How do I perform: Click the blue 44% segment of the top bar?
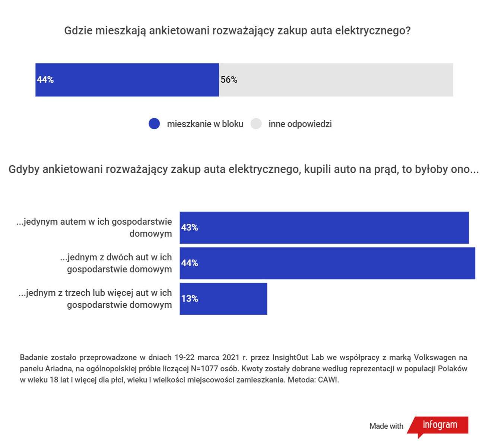tap(127, 80)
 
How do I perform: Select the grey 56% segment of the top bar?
tap(335, 80)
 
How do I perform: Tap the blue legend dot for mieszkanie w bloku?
tap(154, 124)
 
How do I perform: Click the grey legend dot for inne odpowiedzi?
tap(256, 124)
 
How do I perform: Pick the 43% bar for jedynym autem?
tap(324, 228)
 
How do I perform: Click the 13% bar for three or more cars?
tap(223, 299)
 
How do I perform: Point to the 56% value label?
tap(229, 80)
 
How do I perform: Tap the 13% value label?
tap(190, 299)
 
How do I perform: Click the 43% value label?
tap(190, 228)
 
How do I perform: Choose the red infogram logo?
tap(439, 425)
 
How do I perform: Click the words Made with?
tap(386, 426)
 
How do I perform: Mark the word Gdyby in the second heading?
tap(23, 169)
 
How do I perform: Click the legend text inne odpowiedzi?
tap(300, 124)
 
